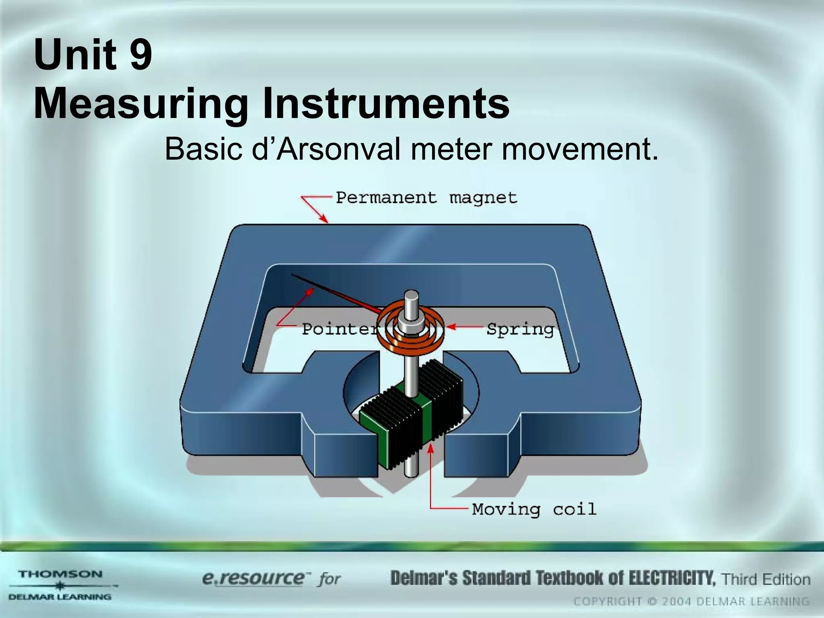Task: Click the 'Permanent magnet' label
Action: [x=426, y=198]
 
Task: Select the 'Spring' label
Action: [x=520, y=330]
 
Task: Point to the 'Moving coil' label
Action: [x=534, y=509]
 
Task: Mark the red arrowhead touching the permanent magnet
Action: [x=324, y=219]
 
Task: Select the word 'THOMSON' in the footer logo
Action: [x=60, y=574]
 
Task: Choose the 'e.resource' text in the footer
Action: [x=253, y=579]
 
